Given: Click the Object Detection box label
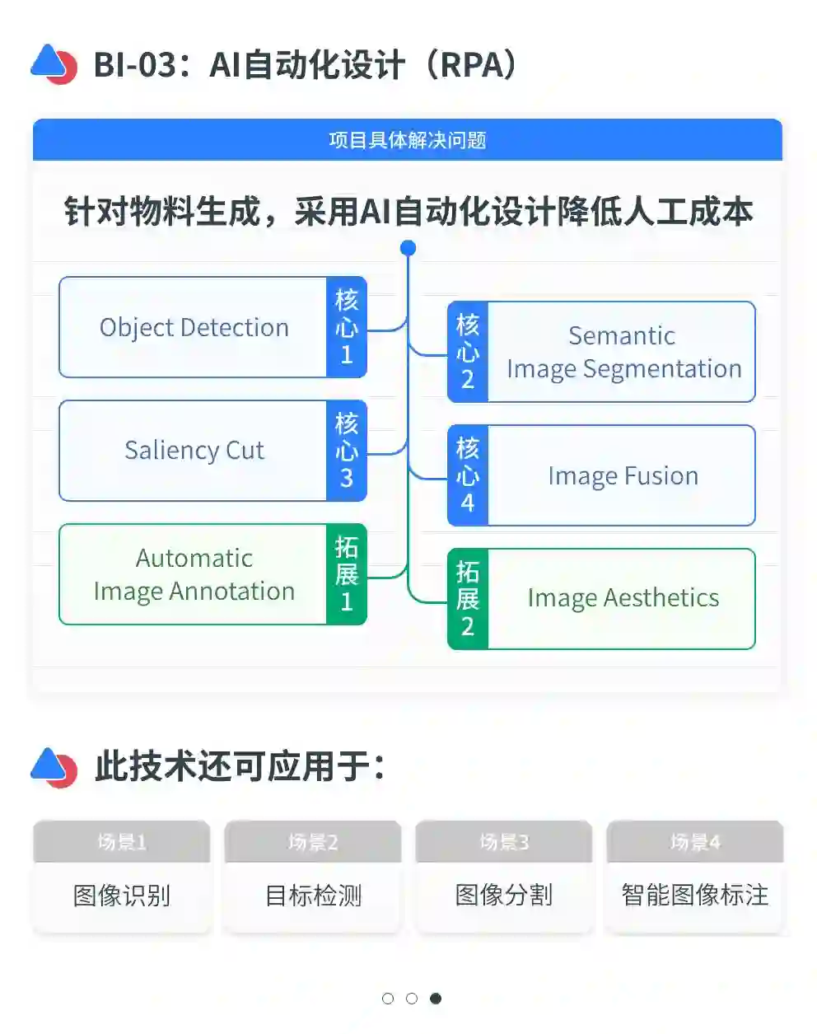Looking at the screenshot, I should click(194, 327).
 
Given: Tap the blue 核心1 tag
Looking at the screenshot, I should click(347, 327).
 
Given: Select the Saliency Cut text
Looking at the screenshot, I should click(194, 450).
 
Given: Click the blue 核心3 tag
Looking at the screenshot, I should click(347, 451).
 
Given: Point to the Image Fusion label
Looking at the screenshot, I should click(623, 475).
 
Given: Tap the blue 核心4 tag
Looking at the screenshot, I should click(468, 475).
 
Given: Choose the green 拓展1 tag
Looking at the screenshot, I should click(347, 574).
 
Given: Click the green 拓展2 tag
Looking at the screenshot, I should click(468, 599).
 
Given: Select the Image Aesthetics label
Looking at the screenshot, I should click(623, 597).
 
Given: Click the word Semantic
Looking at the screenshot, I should click(622, 335).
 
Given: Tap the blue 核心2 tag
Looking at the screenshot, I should click(468, 352).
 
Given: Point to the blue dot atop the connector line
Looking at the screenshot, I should click(408, 247).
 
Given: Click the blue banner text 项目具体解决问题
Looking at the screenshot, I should click(408, 140).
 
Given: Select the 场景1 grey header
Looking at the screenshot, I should click(122, 842).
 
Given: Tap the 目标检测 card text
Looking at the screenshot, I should click(313, 896).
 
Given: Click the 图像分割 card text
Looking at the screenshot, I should click(504, 895).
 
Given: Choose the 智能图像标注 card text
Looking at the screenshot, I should click(695, 895).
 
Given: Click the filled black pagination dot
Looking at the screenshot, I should click(436, 999).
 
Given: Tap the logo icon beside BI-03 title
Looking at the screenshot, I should click(54, 64).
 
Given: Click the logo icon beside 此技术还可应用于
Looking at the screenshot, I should click(54, 767).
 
